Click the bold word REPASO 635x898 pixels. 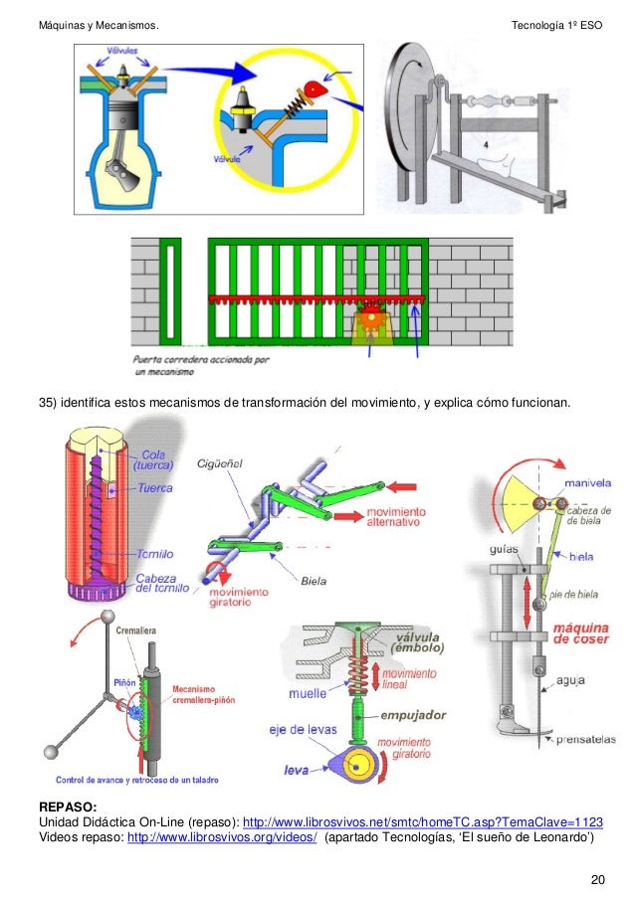coord(68,808)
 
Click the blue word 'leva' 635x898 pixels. coord(297,769)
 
